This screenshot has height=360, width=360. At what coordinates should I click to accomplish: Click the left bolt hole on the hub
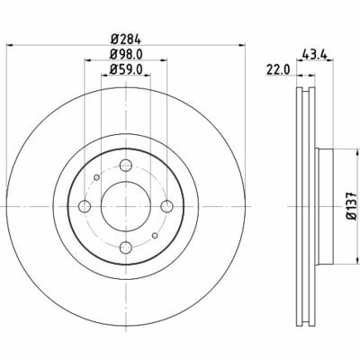[85, 206]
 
